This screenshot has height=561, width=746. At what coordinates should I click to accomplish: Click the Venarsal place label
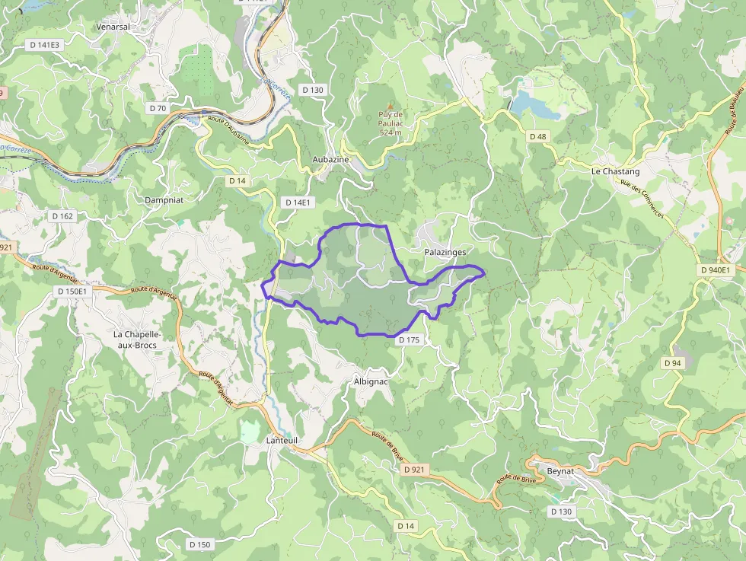point(113,26)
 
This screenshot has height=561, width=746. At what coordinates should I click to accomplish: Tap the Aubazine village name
point(330,159)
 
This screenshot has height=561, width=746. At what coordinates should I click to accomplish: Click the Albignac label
point(371,381)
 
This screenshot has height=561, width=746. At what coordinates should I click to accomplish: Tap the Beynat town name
point(559,472)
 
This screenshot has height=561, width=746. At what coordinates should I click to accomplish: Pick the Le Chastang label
point(615,171)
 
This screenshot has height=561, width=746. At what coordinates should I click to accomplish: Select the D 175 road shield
point(409,340)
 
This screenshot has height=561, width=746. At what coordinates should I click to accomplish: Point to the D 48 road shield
point(537,136)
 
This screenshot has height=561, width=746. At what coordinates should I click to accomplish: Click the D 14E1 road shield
point(298,202)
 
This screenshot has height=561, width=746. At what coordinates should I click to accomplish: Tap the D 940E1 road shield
point(715,269)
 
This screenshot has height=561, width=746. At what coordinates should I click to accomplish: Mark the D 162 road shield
point(62,216)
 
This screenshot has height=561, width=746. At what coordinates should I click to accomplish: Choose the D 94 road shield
point(672,363)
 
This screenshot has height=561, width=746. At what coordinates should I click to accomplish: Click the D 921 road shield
point(413,470)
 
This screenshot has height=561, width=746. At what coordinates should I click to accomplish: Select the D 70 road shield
point(158,108)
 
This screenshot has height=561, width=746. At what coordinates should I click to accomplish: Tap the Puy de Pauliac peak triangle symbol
point(391,106)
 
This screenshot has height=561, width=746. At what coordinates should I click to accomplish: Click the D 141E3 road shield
point(44,45)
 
